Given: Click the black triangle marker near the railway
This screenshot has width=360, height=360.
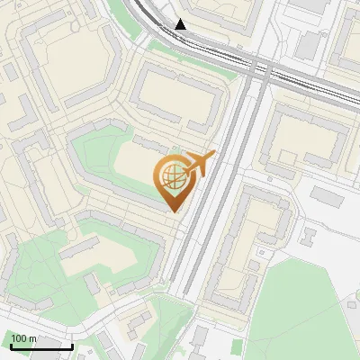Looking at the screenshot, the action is tap(182, 24).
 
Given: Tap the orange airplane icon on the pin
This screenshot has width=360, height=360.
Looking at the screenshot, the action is tap(199, 164).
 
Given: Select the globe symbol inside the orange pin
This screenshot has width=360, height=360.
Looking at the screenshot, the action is tap(171, 177).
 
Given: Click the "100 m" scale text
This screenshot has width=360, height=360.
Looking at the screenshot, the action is tap(23, 338).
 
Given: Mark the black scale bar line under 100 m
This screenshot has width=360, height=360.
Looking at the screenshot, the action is tap(40, 346).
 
